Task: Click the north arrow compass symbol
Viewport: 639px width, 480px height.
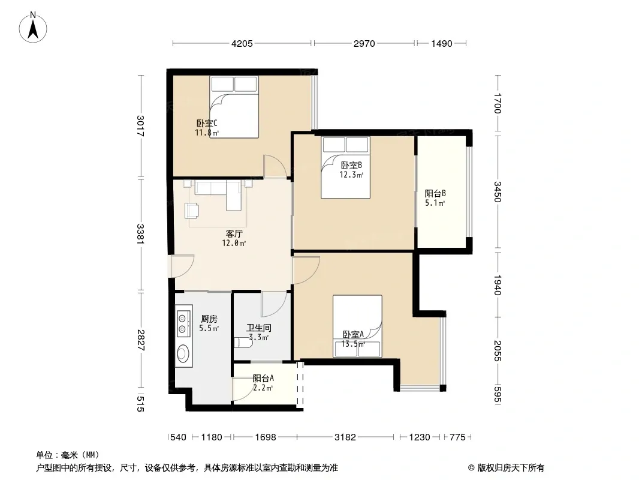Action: pyautogui.click(x=33, y=28)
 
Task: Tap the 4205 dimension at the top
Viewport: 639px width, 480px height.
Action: pyautogui.click(x=242, y=43)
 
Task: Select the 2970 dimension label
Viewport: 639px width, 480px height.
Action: pyautogui.click(x=364, y=43)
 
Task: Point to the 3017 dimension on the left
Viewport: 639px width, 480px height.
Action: pyautogui.click(x=140, y=126)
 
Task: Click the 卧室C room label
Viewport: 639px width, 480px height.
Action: pyautogui.click(x=207, y=123)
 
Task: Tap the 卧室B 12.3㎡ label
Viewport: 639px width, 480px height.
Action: pyautogui.click(x=351, y=170)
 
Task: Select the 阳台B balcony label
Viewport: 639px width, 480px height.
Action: pyautogui.click(x=435, y=193)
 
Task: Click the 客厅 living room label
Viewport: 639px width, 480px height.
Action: pyautogui.click(x=234, y=233)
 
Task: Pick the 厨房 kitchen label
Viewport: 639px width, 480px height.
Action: pyautogui.click(x=209, y=319)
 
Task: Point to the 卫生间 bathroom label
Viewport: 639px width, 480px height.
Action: pyautogui.click(x=259, y=328)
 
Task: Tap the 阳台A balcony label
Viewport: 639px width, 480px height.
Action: pyautogui.click(x=263, y=379)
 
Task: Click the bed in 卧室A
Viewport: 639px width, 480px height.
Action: pyautogui.click(x=357, y=326)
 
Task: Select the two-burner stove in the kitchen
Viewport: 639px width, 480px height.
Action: pyautogui.click(x=183, y=323)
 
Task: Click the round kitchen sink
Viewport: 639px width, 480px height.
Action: pyautogui.click(x=183, y=353)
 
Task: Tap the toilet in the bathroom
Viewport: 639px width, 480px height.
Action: pyautogui.click(x=243, y=343)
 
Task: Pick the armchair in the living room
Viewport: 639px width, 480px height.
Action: pyautogui.click(x=192, y=211)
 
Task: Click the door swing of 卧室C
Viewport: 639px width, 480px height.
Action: pyautogui.click(x=275, y=166)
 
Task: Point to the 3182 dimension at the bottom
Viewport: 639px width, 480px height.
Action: pyautogui.click(x=345, y=437)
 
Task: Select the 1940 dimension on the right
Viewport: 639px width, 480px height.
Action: pyautogui.click(x=497, y=285)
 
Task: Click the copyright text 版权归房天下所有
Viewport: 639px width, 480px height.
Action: pyautogui.click(x=511, y=468)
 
